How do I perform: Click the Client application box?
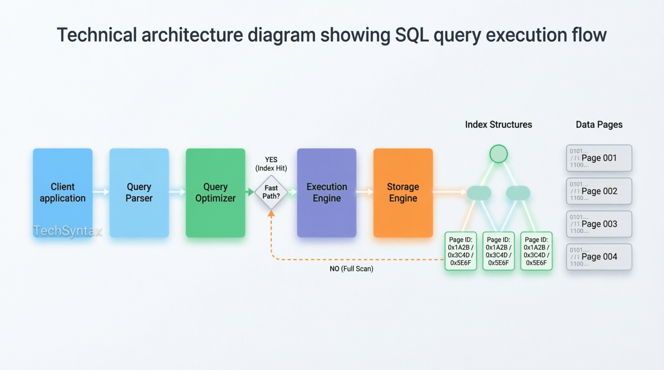pyautogui.click(x=63, y=193)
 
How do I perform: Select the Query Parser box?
pyautogui.click(x=139, y=193)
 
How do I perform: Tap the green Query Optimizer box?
pyautogui.click(x=215, y=193)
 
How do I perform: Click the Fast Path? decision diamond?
pyautogui.click(x=271, y=192)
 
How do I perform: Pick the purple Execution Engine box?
pyautogui.click(x=326, y=193)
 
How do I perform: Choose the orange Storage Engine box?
pyautogui.click(x=403, y=193)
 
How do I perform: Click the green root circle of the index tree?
pyautogui.click(x=498, y=154)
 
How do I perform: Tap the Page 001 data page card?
pyautogui.click(x=599, y=158)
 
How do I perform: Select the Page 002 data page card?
pyautogui.click(x=599, y=191)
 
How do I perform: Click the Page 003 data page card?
pyautogui.click(x=599, y=224)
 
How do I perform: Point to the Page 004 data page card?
pyautogui.click(x=599, y=257)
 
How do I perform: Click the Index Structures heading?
pyautogui.click(x=498, y=124)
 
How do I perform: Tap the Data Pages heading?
pyautogui.click(x=599, y=124)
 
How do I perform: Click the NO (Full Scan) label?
pyautogui.click(x=351, y=269)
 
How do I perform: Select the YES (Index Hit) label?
pyautogui.click(x=271, y=164)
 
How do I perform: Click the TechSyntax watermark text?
pyautogui.click(x=67, y=231)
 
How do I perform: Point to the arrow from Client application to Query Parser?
pyautogui.click(x=101, y=192)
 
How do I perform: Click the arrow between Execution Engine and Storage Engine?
pyautogui.click(x=365, y=192)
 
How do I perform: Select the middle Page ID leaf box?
pyautogui.click(x=498, y=251)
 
